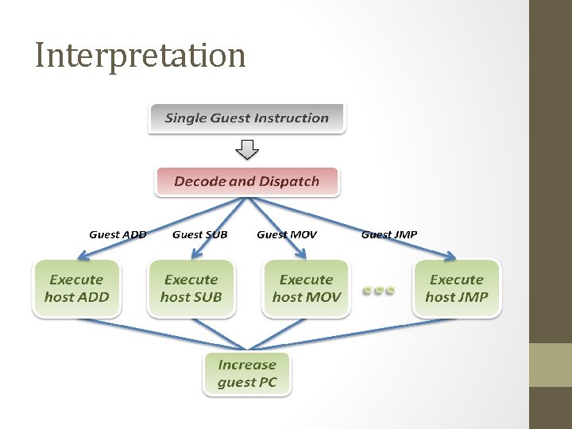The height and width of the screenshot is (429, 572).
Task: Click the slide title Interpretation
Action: (x=141, y=56)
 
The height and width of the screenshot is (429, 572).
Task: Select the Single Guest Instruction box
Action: (x=246, y=118)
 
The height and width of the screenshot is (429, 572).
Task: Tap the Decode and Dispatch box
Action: (x=246, y=181)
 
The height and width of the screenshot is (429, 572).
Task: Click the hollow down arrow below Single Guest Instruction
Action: (x=248, y=149)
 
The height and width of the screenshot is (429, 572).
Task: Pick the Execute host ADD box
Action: (x=76, y=288)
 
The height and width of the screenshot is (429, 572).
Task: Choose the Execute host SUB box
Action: (x=191, y=288)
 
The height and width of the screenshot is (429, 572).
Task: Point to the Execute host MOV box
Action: (x=306, y=288)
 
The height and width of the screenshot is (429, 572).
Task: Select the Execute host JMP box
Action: (x=456, y=288)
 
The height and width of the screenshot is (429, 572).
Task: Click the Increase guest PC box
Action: (x=246, y=373)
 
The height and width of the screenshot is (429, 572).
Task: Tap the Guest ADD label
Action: (x=118, y=234)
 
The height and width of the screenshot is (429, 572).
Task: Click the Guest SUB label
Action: (x=199, y=234)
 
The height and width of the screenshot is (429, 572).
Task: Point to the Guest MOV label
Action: (x=286, y=234)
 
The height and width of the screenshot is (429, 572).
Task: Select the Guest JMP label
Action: (x=388, y=234)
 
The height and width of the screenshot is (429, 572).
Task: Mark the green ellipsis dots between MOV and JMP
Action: (x=379, y=290)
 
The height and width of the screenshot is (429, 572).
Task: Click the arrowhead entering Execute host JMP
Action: (x=450, y=256)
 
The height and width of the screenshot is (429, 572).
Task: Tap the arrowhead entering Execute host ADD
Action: (x=82, y=256)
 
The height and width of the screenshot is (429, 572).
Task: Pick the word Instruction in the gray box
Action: (x=291, y=118)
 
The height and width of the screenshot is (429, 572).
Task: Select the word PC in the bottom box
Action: (x=267, y=382)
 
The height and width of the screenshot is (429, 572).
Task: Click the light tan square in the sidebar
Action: (x=551, y=365)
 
